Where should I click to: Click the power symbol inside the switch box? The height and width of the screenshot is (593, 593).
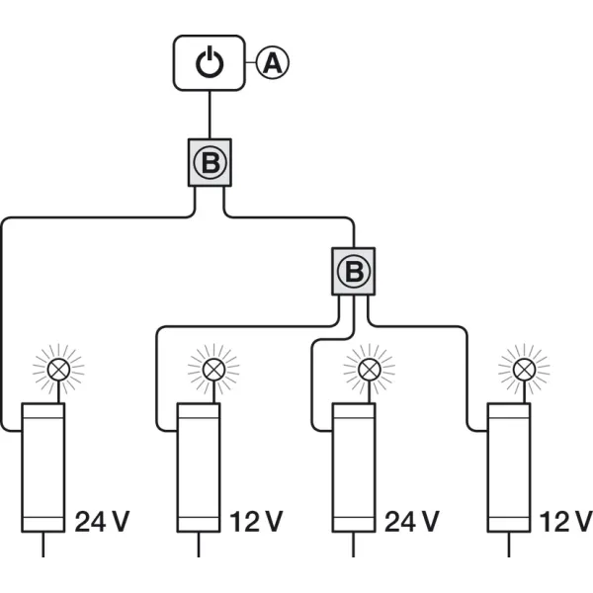click(210, 62)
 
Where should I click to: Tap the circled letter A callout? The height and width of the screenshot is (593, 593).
click(273, 62)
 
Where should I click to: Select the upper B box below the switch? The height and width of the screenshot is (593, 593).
click(210, 163)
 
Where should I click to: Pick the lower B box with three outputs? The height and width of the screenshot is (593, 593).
click(354, 272)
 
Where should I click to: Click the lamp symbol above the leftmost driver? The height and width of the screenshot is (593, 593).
click(58, 369)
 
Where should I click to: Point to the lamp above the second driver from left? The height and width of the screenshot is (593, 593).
click(214, 369)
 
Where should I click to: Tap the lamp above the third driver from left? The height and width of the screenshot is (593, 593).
click(370, 369)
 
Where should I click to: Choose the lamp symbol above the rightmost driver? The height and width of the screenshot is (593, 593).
click(525, 369)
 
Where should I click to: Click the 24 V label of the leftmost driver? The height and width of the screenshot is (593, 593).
click(103, 522)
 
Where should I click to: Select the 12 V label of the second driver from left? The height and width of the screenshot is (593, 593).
click(257, 522)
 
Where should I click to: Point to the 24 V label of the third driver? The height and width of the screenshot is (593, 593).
click(412, 522)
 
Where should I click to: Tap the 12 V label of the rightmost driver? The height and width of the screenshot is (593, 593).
click(566, 522)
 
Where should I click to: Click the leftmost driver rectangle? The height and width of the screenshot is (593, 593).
click(43, 467)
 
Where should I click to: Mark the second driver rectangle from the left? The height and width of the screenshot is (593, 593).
click(199, 467)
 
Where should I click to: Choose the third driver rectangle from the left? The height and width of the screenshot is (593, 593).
click(354, 467)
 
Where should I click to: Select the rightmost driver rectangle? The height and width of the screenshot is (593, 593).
click(509, 467)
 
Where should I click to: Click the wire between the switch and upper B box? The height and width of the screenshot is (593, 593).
click(210, 115)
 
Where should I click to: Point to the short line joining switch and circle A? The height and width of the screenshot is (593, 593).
click(251, 62)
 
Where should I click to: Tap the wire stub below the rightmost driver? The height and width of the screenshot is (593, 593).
click(509, 545)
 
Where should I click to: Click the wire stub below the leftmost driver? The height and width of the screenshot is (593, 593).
click(43, 545)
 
